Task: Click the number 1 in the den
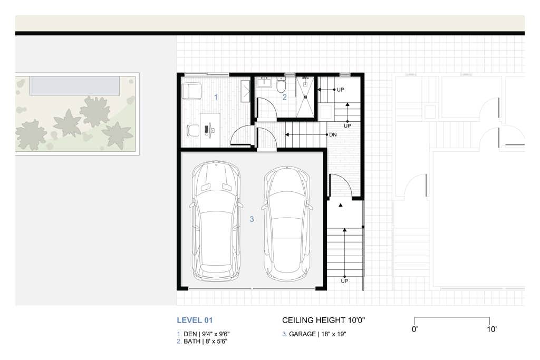point(215,97)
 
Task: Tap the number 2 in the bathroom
point(284,97)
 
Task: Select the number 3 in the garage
point(252,219)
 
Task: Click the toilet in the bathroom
point(281,86)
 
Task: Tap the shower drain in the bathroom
point(305,97)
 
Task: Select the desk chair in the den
point(193,129)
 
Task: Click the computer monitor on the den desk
point(210,128)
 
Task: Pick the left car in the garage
point(216,220)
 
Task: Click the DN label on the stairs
point(333,135)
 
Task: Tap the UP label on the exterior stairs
point(344,281)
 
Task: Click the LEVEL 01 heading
point(195,320)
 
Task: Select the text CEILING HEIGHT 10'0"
point(324,320)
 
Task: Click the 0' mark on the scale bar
point(415,329)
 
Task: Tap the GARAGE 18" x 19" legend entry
point(315,334)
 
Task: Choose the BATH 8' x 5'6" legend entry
point(203,342)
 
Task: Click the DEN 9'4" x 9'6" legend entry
point(203,334)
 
